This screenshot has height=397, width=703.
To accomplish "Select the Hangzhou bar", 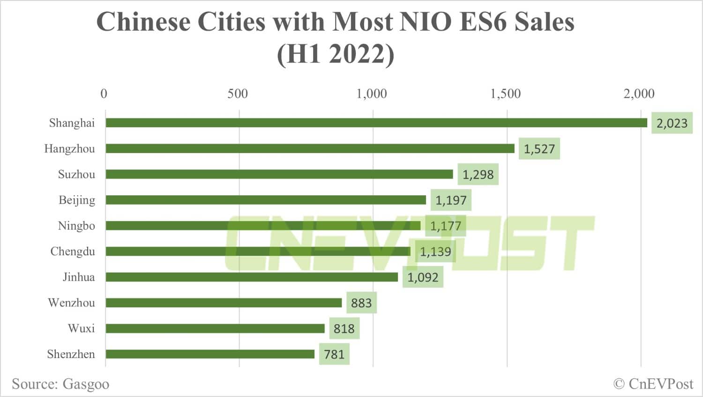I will (310, 149).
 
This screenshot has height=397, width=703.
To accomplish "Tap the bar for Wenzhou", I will (224, 303).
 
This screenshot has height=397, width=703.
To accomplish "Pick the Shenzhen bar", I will (210, 354).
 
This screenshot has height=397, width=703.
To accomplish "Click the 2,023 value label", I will (672, 123).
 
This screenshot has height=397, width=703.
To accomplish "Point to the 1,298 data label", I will (478, 175).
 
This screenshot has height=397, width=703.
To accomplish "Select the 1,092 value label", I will (422, 277).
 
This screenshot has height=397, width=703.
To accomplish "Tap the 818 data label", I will (344, 328).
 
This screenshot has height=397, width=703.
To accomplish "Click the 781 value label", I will (334, 354).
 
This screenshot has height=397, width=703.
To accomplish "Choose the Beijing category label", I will (77, 200).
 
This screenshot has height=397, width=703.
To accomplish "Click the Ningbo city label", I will (76, 226).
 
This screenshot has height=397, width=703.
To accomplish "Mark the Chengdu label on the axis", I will (73, 252).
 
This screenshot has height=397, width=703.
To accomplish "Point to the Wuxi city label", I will (81, 328).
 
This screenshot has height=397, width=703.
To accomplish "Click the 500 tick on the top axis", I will (238, 94).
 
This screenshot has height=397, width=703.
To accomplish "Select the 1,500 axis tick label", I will (505, 94).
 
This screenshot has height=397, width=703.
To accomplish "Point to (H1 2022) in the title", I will (336, 54).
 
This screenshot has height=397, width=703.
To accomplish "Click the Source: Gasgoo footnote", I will (60, 384).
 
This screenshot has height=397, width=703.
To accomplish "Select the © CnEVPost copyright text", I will (653, 384).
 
